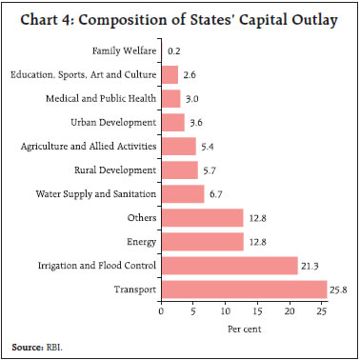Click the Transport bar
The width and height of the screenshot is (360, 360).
tap(244, 289)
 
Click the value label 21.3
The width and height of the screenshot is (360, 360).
tap(313, 265)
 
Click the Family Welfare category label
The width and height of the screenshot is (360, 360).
tap(124, 50)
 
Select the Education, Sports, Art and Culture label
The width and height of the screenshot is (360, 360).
tap(83, 74)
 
